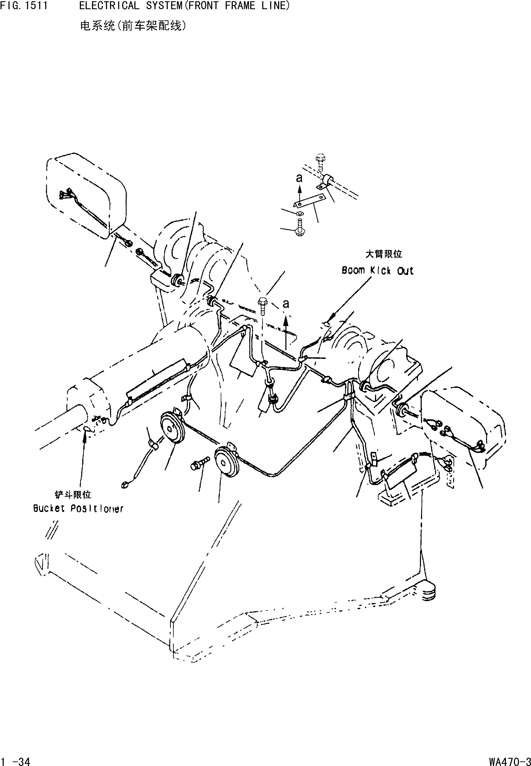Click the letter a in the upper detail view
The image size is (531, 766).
tap(299, 178)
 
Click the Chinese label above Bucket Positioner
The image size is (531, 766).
tap(73, 495)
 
